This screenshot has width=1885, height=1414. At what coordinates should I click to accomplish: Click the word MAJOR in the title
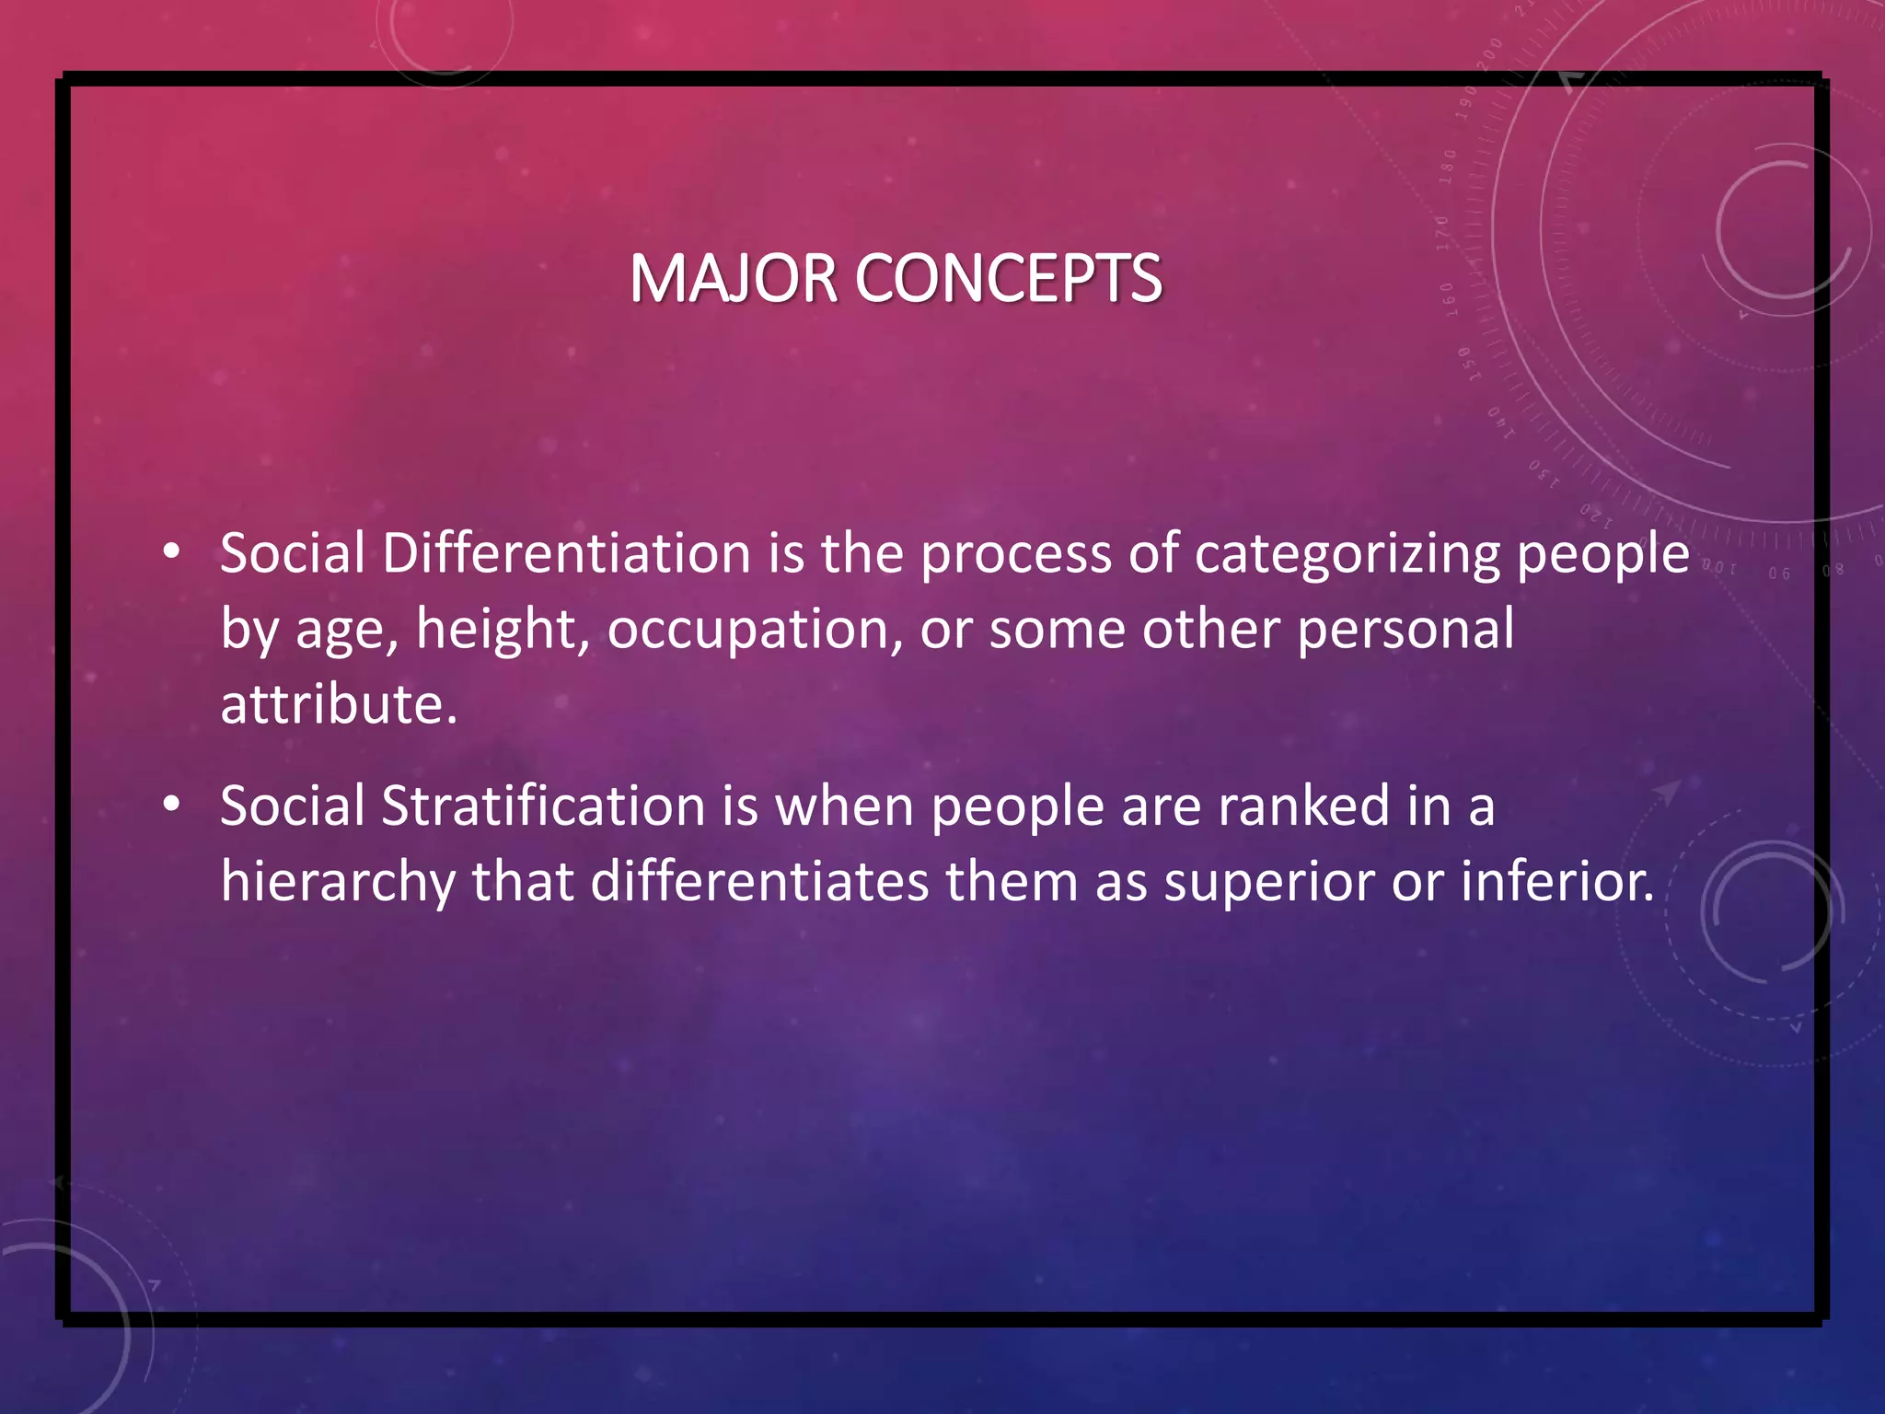[733, 279]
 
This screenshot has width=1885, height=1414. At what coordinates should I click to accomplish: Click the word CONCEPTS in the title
[1009, 279]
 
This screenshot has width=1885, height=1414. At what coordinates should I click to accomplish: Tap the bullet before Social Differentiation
[171, 552]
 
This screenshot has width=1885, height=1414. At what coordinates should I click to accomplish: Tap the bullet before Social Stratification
[171, 805]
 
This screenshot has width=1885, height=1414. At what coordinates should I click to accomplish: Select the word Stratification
[543, 806]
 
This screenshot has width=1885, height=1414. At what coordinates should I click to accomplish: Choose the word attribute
[339, 704]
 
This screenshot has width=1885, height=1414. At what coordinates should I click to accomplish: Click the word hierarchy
[338, 883]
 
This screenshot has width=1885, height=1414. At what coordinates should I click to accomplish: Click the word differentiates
[759, 881]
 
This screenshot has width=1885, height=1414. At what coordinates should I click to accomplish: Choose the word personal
[1405, 631]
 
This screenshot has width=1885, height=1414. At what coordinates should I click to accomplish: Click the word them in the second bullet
[1012, 881]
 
